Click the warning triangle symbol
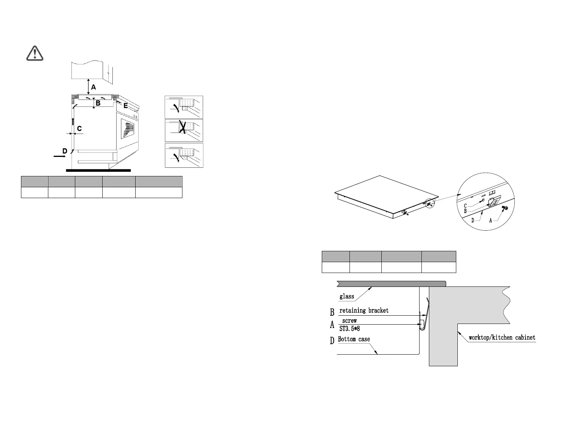(x=35, y=53)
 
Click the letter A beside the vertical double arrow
(x=94, y=87)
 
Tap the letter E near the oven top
(x=125, y=106)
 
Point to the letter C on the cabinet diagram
(x=79, y=128)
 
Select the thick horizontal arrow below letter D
(x=59, y=157)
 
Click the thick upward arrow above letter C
(x=73, y=121)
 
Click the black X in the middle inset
(x=182, y=127)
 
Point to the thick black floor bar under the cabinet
(x=98, y=170)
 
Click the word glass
(x=347, y=297)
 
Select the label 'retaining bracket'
(x=364, y=310)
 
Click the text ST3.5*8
(x=350, y=329)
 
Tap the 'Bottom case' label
(x=354, y=339)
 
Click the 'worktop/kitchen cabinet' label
(x=502, y=338)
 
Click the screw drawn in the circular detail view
(x=505, y=208)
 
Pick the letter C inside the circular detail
(x=465, y=206)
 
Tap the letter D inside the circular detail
(x=473, y=220)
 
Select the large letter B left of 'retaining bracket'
(x=332, y=312)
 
